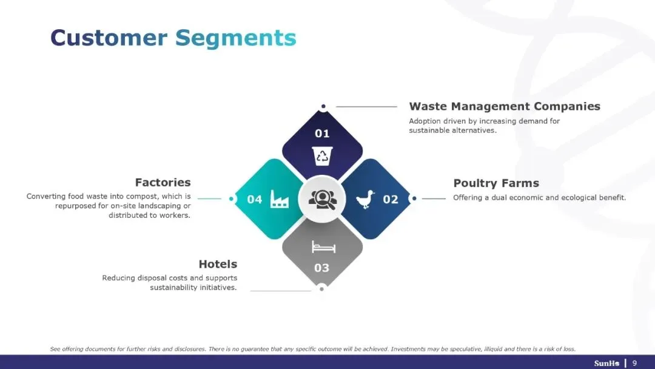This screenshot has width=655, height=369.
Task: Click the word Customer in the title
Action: (x=109, y=38)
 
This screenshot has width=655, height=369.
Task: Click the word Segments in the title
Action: (x=236, y=38)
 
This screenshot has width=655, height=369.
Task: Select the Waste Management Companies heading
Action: (x=505, y=106)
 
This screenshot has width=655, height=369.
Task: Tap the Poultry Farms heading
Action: (x=496, y=183)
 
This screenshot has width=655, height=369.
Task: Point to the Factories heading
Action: (x=163, y=182)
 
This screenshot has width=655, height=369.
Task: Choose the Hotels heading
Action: (x=218, y=264)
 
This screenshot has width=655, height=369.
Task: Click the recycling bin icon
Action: (x=322, y=155)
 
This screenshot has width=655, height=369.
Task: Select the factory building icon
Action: (x=280, y=198)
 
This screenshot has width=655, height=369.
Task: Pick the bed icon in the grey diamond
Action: (x=323, y=246)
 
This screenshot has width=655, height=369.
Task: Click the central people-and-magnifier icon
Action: (x=322, y=199)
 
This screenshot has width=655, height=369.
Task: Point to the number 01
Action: (x=322, y=134)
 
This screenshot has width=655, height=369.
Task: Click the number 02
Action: (x=391, y=199)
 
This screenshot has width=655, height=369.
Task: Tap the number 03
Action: (x=322, y=268)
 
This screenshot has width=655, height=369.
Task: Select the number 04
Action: (x=255, y=199)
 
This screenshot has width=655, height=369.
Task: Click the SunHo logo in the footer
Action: (x=606, y=363)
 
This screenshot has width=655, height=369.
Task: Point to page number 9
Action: (x=634, y=363)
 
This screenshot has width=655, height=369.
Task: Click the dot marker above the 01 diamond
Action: (x=323, y=106)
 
